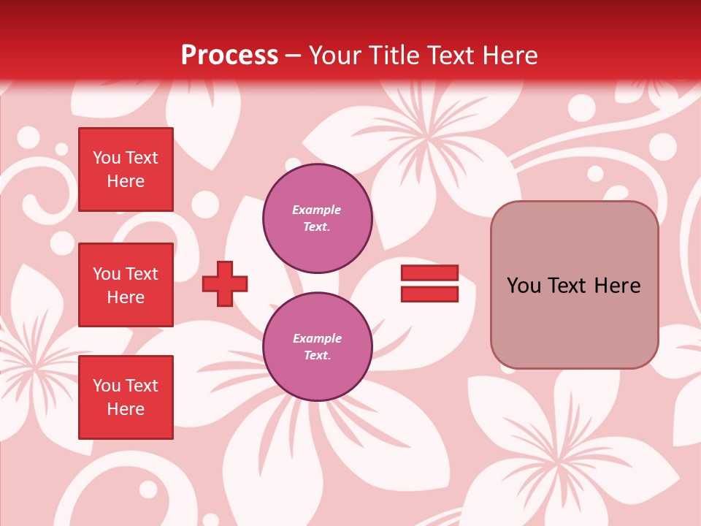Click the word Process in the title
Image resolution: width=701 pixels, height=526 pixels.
tap(229, 56)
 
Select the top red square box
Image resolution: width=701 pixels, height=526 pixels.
tap(126, 169)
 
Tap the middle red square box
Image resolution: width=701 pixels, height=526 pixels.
tap(126, 285)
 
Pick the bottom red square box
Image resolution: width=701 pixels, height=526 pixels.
tap(126, 397)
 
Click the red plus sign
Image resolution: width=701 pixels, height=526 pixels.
tap(225, 283)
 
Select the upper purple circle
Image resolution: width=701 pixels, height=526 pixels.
tap(317, 218)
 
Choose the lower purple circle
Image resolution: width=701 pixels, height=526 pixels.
tap(317, 347)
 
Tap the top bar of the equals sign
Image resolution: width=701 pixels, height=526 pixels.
tap(429, 272)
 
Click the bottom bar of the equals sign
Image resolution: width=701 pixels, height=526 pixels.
tap(429, 294)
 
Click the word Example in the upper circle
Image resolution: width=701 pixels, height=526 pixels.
tap(316, 210)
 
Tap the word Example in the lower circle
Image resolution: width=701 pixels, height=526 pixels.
tap(317, 339)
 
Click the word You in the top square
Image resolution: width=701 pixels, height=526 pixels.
tap(107, 158)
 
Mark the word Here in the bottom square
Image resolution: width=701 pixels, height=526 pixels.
tap(126, 409)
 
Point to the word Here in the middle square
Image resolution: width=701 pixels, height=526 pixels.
tap(126, 297)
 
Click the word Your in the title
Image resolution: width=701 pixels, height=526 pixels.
tap(335, 56)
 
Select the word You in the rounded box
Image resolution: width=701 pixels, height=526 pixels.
tap(524, 286)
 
